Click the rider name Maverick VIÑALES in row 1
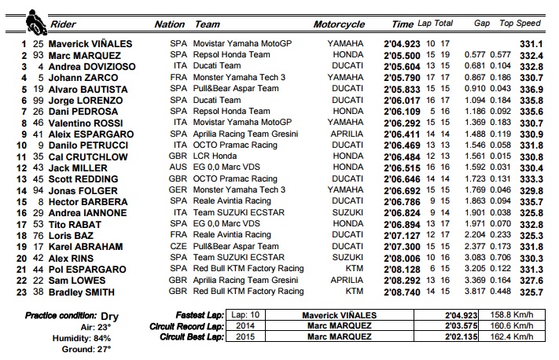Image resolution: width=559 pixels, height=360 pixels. tap(90, 44)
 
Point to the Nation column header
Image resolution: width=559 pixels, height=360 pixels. tap(169, 24)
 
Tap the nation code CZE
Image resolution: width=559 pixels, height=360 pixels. tap(178, 247)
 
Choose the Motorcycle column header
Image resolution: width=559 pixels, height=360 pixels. tap(338, 24)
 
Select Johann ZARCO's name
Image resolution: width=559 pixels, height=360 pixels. tap(80, 78)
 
